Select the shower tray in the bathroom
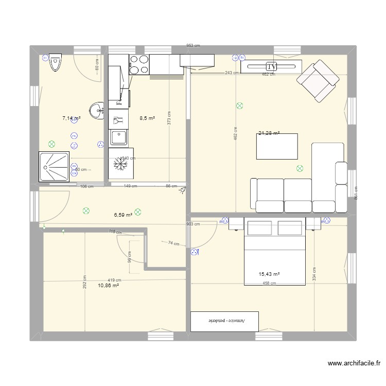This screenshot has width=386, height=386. click(x=54, y=167)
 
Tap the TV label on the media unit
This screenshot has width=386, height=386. click(x=271, y=66)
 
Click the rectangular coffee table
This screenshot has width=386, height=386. click(x=277, y=146)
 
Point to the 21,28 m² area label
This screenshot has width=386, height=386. click(x=269, y=133)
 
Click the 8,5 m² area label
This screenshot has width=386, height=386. click(x=148, y=118)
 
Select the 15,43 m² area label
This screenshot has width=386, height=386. click(x=269, y=274)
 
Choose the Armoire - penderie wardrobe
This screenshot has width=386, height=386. click(x=225, y=321)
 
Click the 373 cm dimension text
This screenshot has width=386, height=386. click(x=168, y=118)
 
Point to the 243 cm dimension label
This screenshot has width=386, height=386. click(x=232, y=73)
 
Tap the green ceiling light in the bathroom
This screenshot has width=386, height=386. click(x=51, y=145)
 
